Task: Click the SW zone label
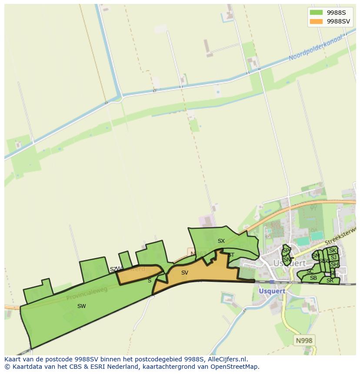pyautogui.click(x=81, y=306)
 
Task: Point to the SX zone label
pyautogui.click(x=221, y=241)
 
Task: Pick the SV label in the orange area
pyautogui.click(x=185, y=273)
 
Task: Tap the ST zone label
pyautogui.click(x=231, y=255)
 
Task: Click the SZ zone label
pyautogui.click(x=113, y=269)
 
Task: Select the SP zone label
pyautogui.click(x=286, y=251)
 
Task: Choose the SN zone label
pyautogui.click(x=287, y=260)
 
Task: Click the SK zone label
pyautogui.click(x=333, y=251)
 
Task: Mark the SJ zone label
pyautogui.click(x=333, y=258)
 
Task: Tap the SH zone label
pyautogui.click(x=334, y=265)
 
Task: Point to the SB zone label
pyautogui.click(x=313, y=278)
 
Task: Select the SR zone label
pyautogui.click(x=330, y=281)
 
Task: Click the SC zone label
pyautogui.click(x=310, y=271)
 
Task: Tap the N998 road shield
pyautogui.click(x=304, y=341)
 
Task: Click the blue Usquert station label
pyautogui.click(x=272, y=291)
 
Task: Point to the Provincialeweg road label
pyautogui.click(x=87, y=294)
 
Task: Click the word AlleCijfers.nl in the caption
pyautogui.click(x=226, y=359)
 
